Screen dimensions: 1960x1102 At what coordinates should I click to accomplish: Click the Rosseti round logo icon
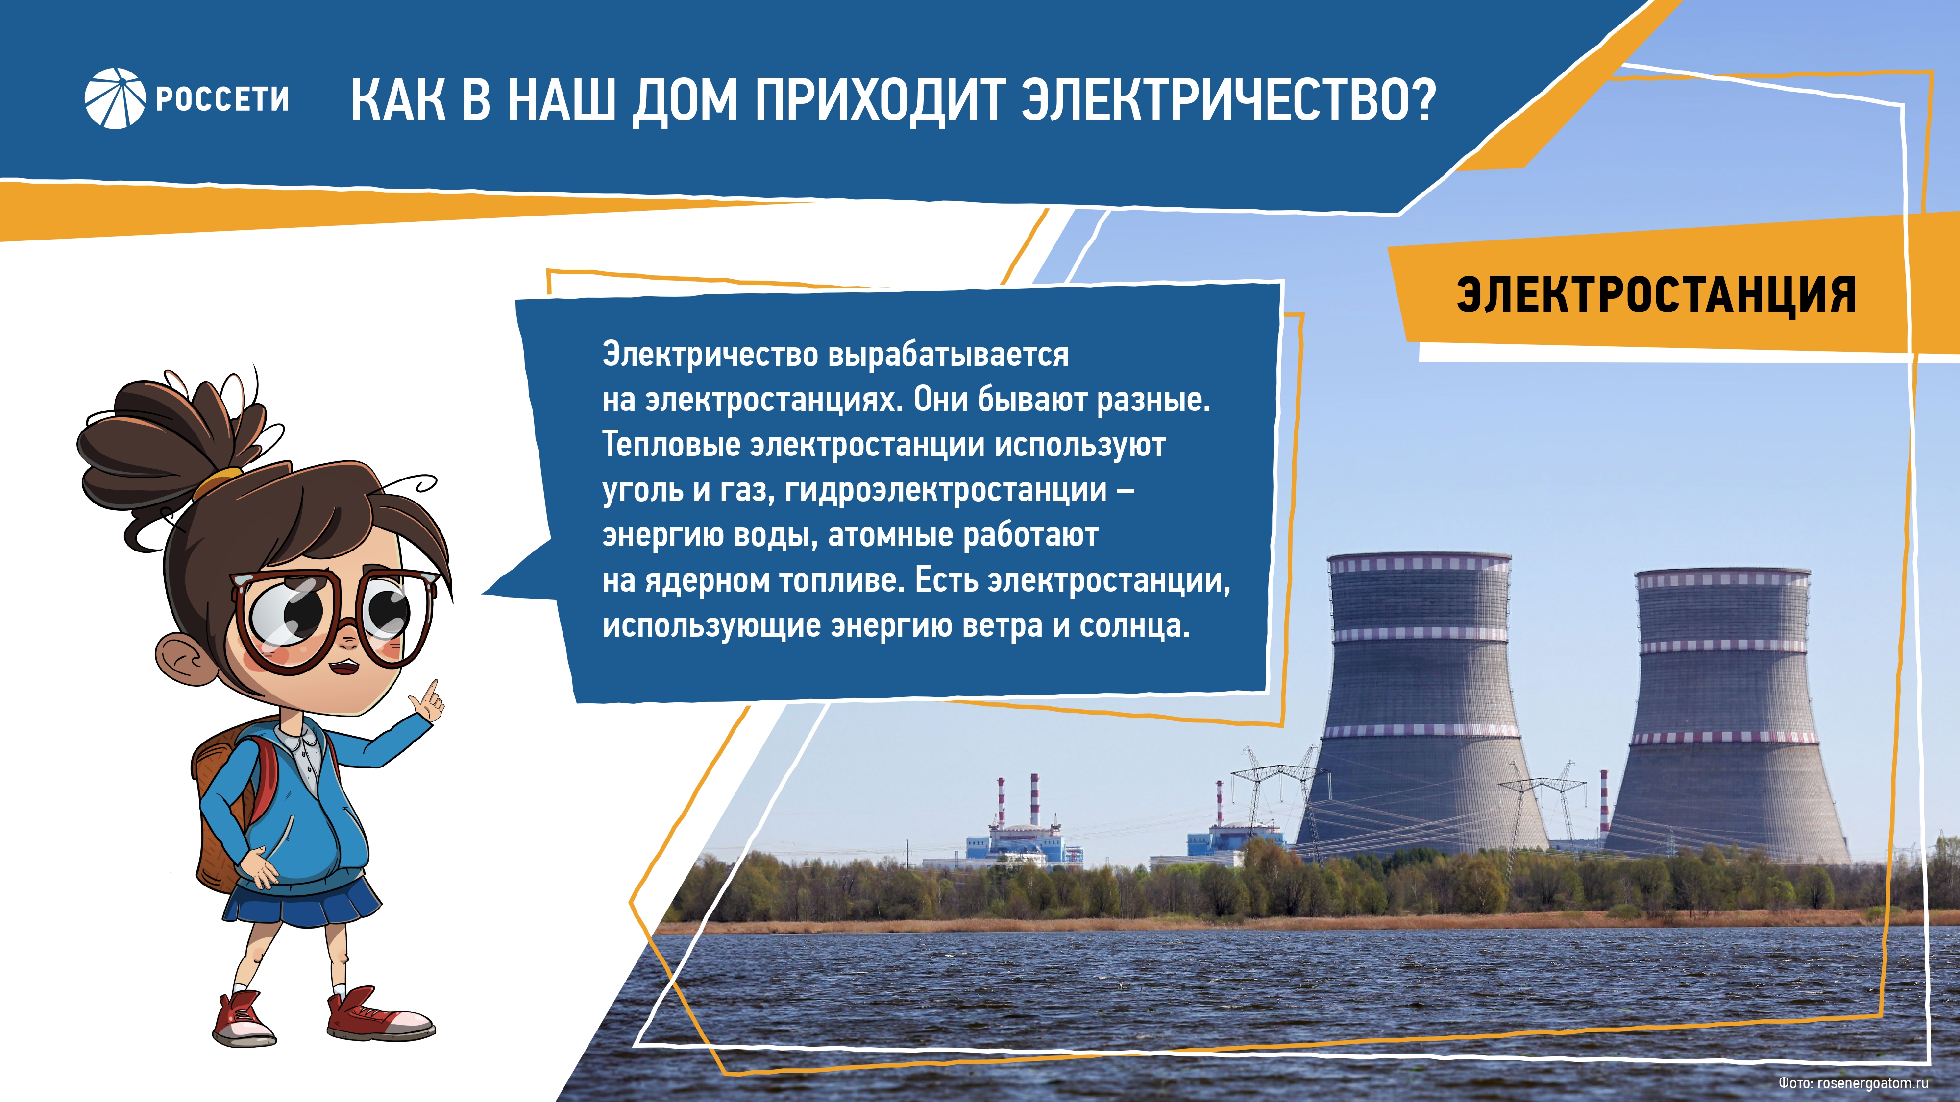[114, 99]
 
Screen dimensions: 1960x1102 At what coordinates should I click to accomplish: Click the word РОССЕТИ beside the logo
[222, 99]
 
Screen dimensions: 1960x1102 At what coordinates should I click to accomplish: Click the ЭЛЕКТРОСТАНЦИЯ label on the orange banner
[1656, 294]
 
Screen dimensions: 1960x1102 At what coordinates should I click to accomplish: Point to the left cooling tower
[1420, 703]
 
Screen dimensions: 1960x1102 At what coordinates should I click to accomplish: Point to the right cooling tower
[1724, 715]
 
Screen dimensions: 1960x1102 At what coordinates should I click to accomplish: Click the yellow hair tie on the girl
[219, 481]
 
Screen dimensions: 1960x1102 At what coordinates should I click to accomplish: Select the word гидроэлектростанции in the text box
[946, 491]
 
